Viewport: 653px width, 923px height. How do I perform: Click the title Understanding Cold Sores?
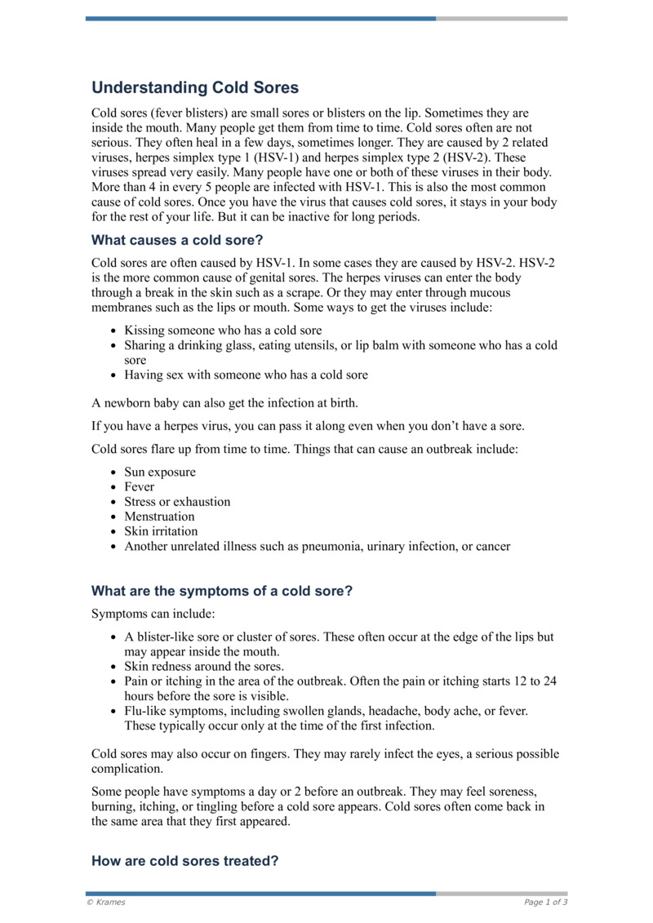[195, 87]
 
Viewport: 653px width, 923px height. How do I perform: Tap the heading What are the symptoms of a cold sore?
[221, 591]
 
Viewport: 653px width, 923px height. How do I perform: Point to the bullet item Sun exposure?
[160, 472]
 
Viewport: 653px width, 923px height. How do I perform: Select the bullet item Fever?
[139, 486]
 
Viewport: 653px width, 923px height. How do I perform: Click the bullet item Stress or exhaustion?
[177, 501]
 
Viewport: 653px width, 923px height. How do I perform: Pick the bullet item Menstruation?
[159, 516]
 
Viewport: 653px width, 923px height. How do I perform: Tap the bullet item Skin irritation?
[161, 531]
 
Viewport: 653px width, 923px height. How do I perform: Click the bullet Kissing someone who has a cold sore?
[223, 331]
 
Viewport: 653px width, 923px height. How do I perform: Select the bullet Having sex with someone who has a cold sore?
[246, 375]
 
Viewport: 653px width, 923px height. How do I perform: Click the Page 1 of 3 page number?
[545, 902]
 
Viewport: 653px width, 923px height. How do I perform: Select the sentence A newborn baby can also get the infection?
[224, 402]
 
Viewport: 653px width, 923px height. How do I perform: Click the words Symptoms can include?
[153, 613]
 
